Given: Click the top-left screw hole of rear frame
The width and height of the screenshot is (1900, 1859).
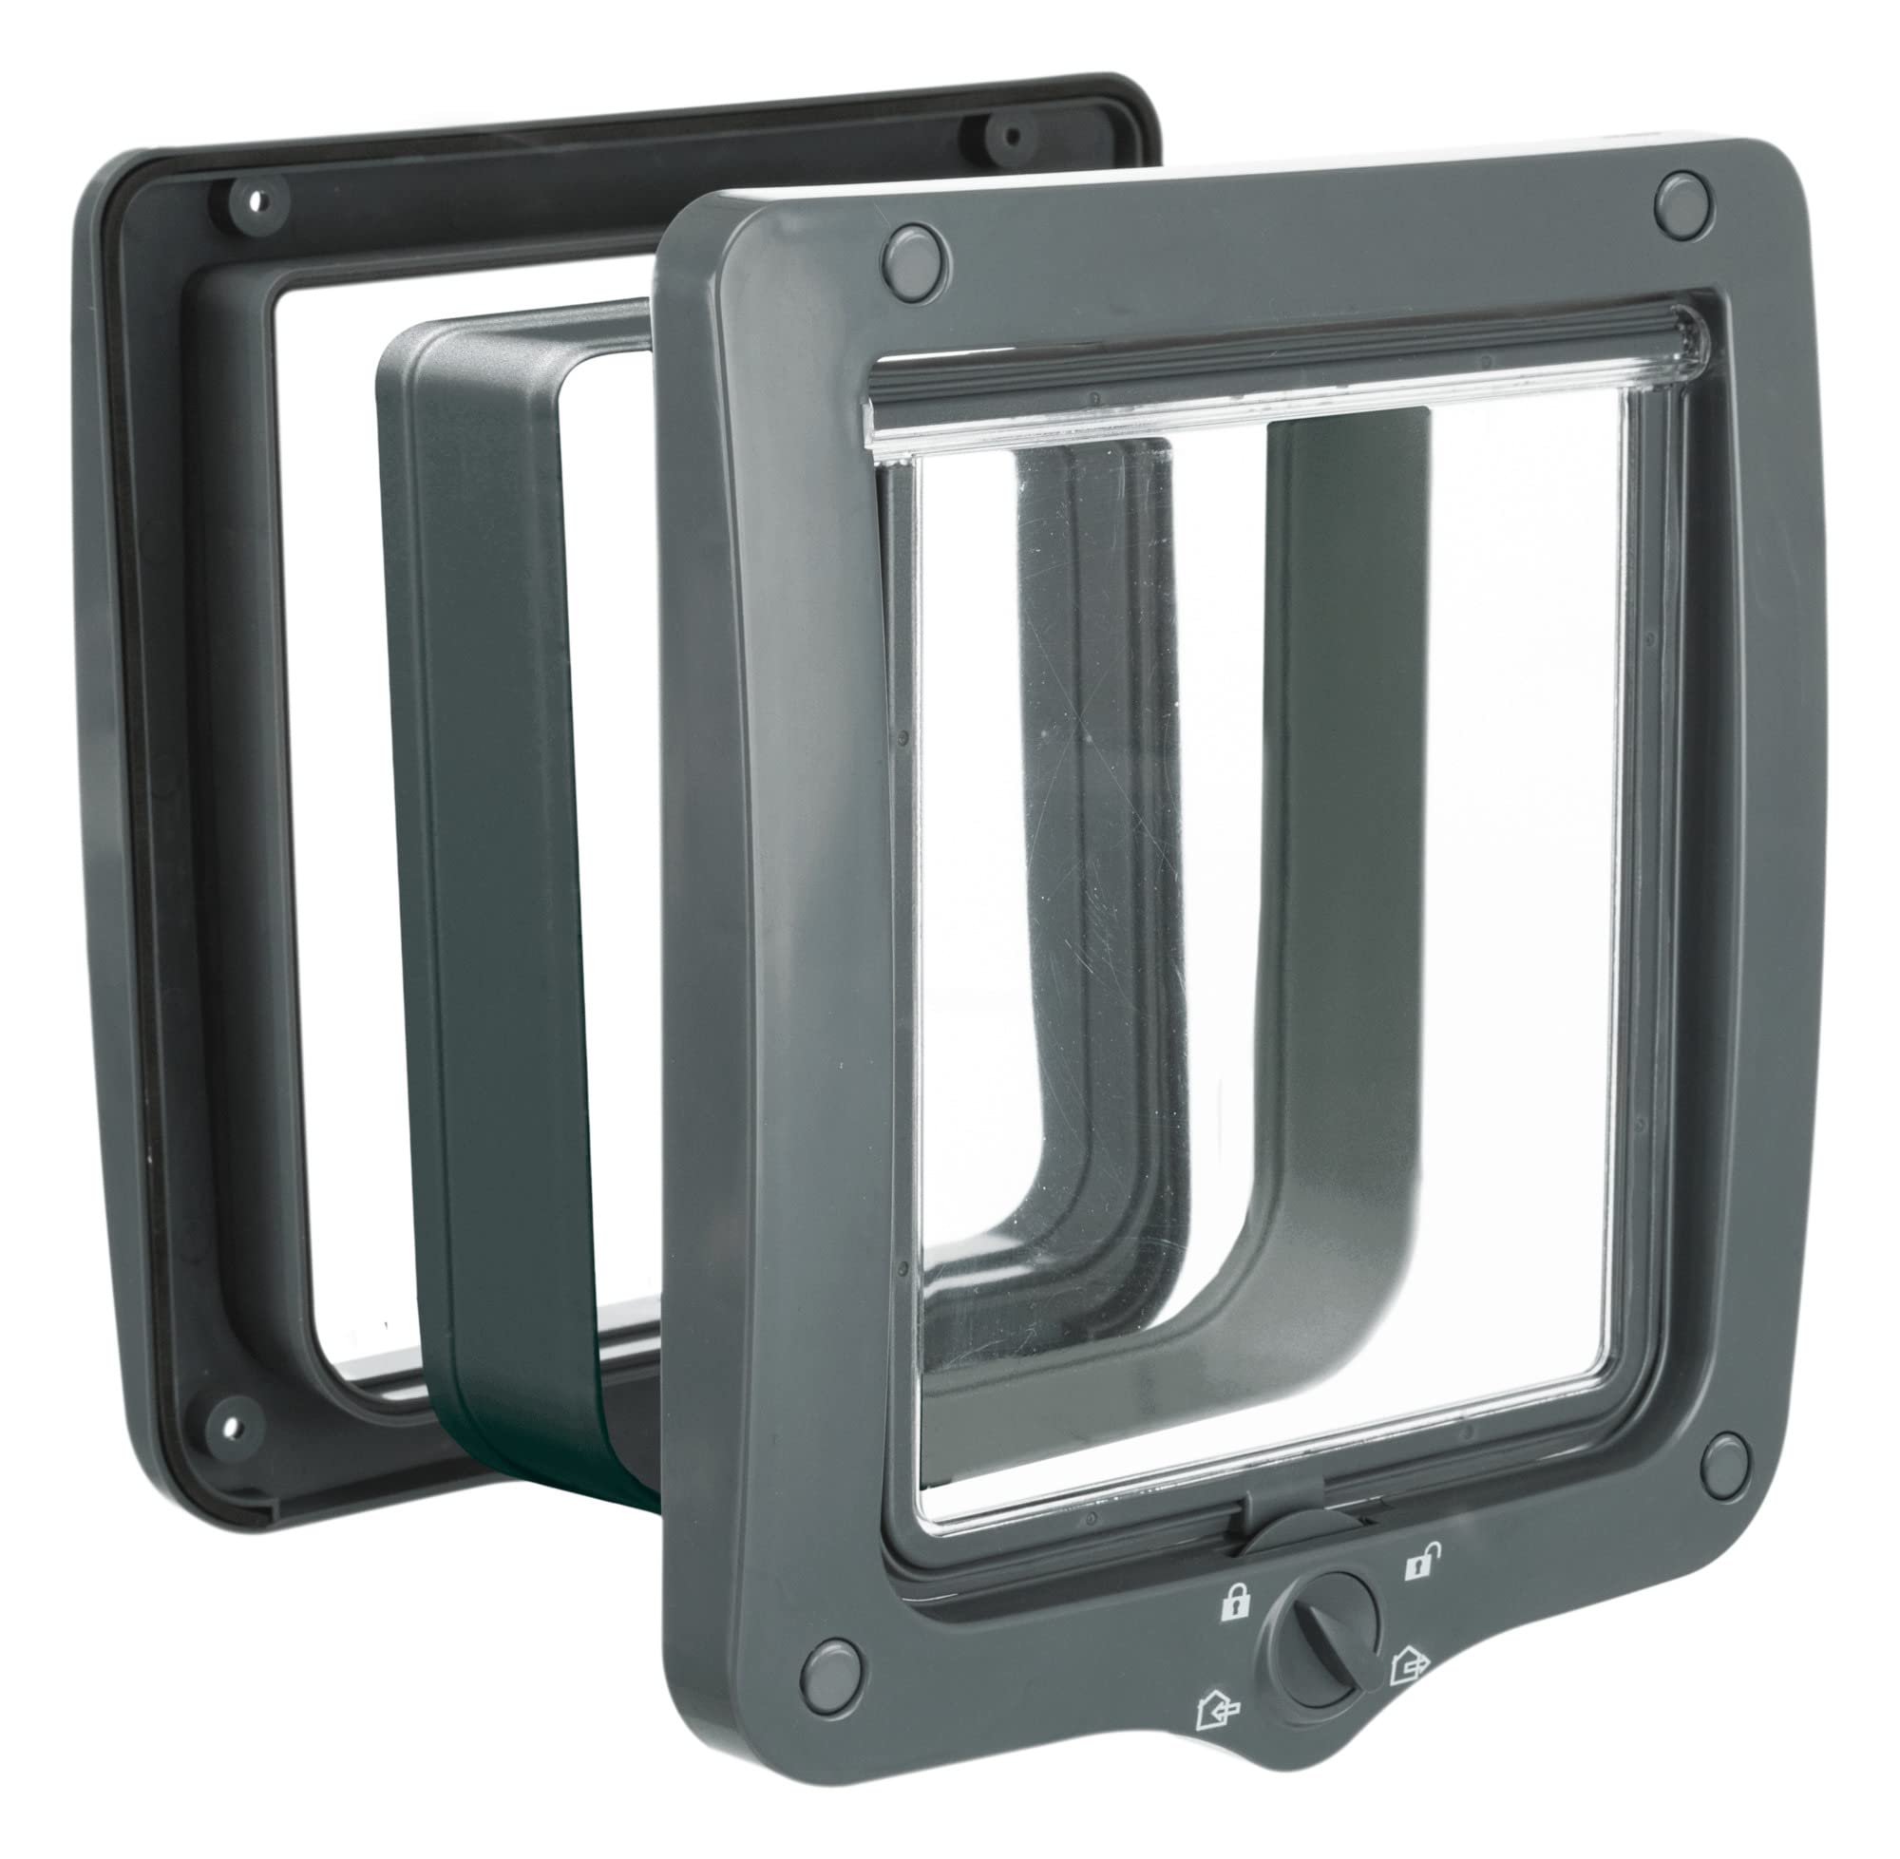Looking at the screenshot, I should click(255, 201).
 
